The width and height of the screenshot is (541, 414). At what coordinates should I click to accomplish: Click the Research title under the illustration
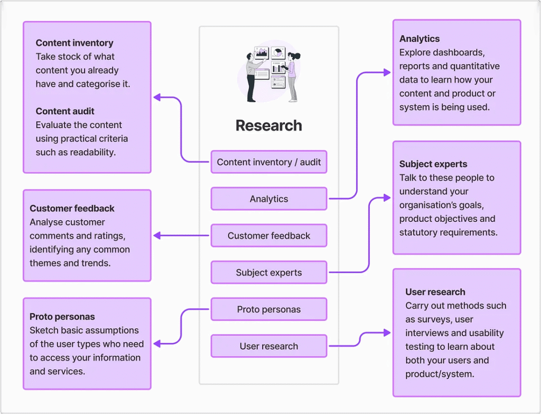[x=268, y=125]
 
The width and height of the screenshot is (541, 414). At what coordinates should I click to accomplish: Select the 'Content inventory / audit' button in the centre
[x=268, y=162]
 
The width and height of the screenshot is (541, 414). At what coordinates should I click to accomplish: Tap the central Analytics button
[x=268, y=199]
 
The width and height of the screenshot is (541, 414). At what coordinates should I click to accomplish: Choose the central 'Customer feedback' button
[x=268, y=236]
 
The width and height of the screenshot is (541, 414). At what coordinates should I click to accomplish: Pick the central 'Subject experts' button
[x=268, y=273]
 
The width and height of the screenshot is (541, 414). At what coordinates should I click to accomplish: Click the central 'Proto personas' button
[x=268, y=310]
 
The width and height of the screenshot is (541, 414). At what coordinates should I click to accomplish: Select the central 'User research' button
[x=268, y=346]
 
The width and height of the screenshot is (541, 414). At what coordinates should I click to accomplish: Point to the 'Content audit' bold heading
[x=65, y=111]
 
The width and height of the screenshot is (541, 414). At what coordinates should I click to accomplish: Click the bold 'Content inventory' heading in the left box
[x=74, y=43]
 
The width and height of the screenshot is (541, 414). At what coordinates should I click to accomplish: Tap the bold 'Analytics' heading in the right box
[x=419, y=39]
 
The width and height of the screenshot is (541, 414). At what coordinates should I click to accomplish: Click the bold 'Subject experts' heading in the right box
[x=433, y=164]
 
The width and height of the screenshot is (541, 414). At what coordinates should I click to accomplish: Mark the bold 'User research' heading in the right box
[x=435, y=292]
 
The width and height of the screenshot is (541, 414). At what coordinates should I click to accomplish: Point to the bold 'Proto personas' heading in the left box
[x=62, y=317]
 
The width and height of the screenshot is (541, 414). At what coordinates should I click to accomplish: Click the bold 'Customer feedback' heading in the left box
[x=72, y=209]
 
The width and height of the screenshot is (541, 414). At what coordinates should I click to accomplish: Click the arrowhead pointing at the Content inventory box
[x=157, y=97]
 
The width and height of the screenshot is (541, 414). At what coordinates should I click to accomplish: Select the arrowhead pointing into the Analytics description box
[x=387, y=73]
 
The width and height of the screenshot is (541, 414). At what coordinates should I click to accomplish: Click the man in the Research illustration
[x=253, y=77]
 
